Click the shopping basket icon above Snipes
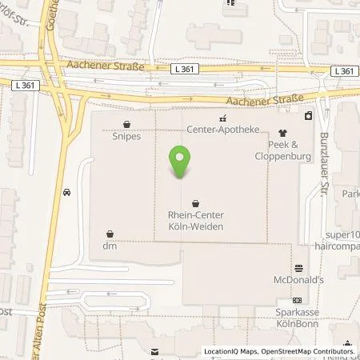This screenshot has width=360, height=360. (x=127, y=124)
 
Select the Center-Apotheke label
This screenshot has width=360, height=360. (x=212, y=128)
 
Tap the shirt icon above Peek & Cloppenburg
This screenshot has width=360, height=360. (x=282, y=133)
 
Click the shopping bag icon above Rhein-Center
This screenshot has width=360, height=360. (x=196, y=203)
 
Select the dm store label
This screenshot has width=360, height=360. (x=109, y=246)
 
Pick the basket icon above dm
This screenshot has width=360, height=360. (x=110, y=234)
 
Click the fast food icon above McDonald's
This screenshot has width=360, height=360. (x=298, y=267)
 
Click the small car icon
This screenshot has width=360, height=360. (x=66, y=192)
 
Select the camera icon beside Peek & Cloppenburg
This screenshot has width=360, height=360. (x=308, y=117)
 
